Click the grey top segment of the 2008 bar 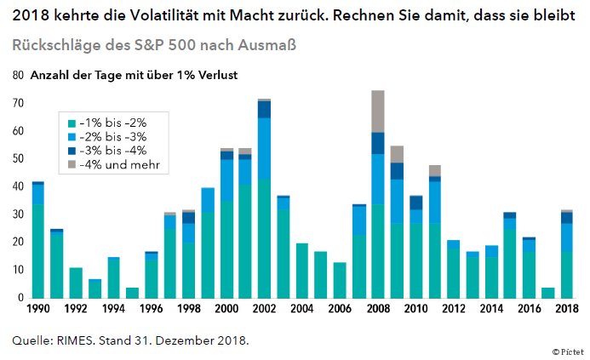pos(377,111)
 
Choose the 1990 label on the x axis pos(37,310)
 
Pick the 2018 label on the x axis pos(566,310)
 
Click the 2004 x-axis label pos(301,310)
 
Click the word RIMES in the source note pos(75,341)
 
